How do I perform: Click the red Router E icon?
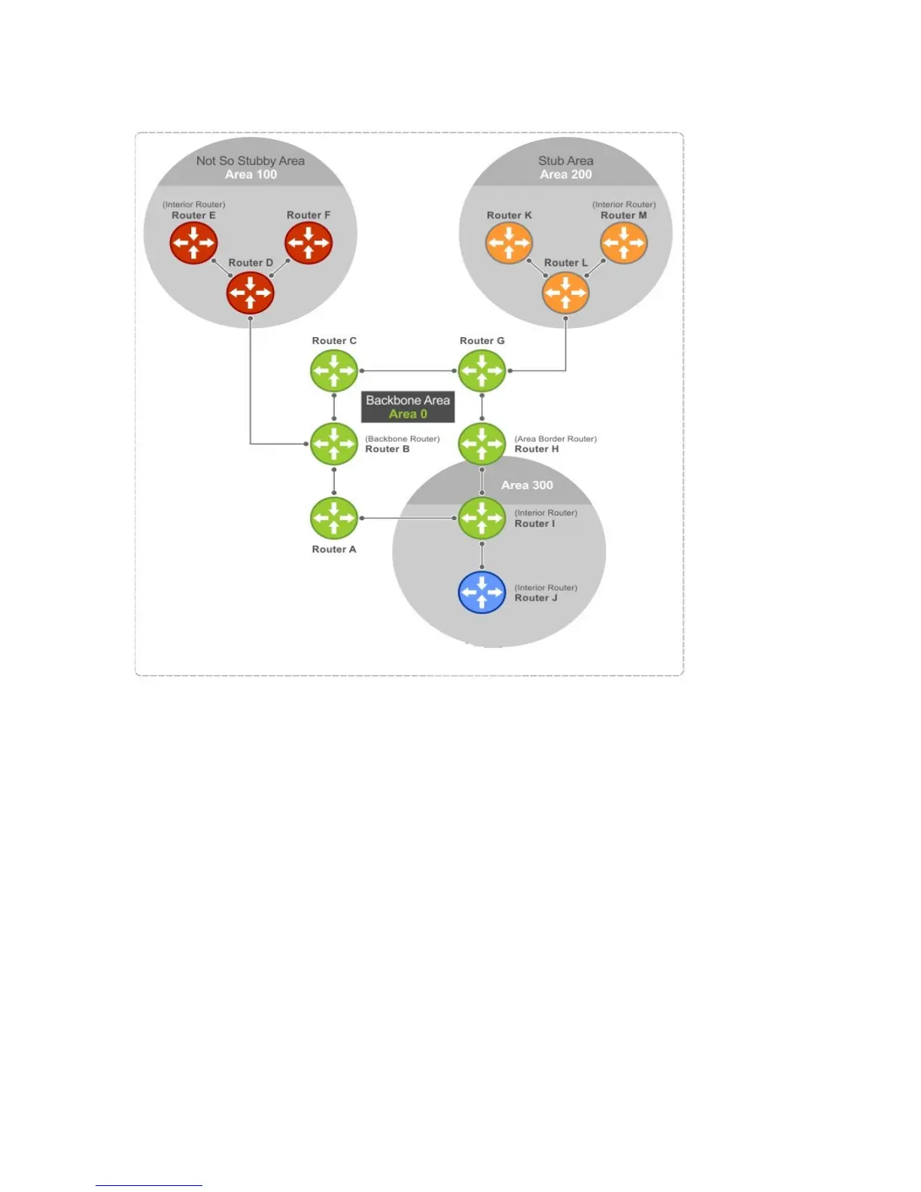(193, 243)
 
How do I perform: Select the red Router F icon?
(309, 243)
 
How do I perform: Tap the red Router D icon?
(251, 292)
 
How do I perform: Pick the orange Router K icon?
(509, 243)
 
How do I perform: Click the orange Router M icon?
(624, 243)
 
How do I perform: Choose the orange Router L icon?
(566, 292)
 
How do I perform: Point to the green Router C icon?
(334, 370)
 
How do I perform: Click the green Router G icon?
(482, 370)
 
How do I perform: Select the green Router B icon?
(334, 444)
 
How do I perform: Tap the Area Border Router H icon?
(482, 444)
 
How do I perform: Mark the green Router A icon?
(334, 518)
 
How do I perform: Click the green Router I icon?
(482, 518)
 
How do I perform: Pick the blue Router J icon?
(482, 592)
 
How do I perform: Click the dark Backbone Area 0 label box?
(408, 407)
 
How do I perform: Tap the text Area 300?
(527, 485)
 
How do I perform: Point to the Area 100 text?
(251, 175)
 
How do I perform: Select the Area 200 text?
(566, 175)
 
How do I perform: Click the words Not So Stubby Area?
(251, 160)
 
